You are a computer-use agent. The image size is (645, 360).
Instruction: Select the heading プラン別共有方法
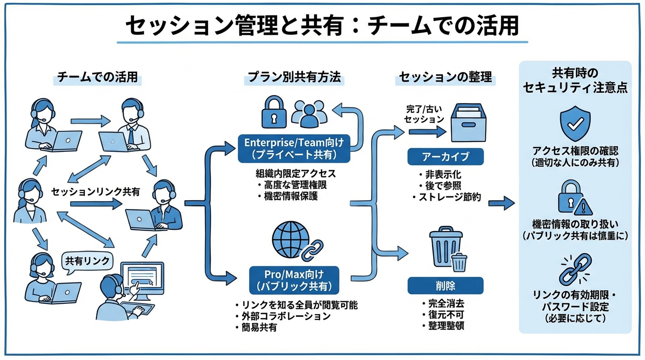point(294,77)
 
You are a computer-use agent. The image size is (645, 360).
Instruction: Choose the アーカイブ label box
point(445,156)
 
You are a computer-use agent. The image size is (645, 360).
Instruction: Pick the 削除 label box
point(445,285)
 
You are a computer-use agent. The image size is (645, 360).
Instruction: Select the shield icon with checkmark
point(575,123)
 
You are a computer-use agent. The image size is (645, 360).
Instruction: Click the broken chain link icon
point(575,269)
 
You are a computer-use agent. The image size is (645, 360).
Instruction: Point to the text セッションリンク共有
point(96,192)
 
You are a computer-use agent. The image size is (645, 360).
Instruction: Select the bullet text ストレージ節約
point(449,197)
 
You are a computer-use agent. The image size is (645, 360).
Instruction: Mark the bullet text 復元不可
point(445,315)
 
